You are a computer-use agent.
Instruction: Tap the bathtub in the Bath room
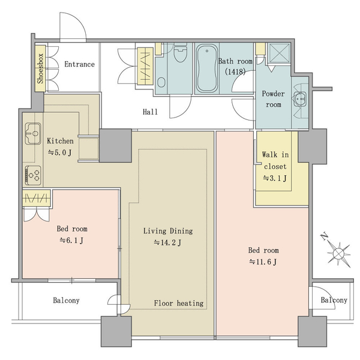[x=206, y=68]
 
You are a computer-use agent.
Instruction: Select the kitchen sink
[x=33, y=134]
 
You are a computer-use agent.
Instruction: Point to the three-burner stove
[x=33, y=175]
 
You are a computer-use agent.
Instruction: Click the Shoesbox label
[x=40, y=68]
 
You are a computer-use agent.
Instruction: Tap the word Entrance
[x=79, y=64]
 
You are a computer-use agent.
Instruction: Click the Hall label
[x=150, y=112]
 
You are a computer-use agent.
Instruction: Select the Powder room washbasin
[x=300, y=99]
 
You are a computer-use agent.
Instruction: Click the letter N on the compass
[x=325, y=236]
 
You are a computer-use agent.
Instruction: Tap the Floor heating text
[x=179, y=303]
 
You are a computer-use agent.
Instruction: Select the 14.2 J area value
[x=167, y=242]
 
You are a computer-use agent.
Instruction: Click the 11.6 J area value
[x=263, y=262]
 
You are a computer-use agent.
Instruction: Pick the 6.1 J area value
[x=71, y=241]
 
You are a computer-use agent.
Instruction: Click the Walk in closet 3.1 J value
[x=275, y=178]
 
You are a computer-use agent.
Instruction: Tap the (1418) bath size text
[x=235, y=72]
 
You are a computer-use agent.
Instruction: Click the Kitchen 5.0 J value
[x=60, y=152]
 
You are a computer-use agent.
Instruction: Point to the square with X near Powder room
[x=279, y=53]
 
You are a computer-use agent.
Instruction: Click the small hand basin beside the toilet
[x=161, y=82]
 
